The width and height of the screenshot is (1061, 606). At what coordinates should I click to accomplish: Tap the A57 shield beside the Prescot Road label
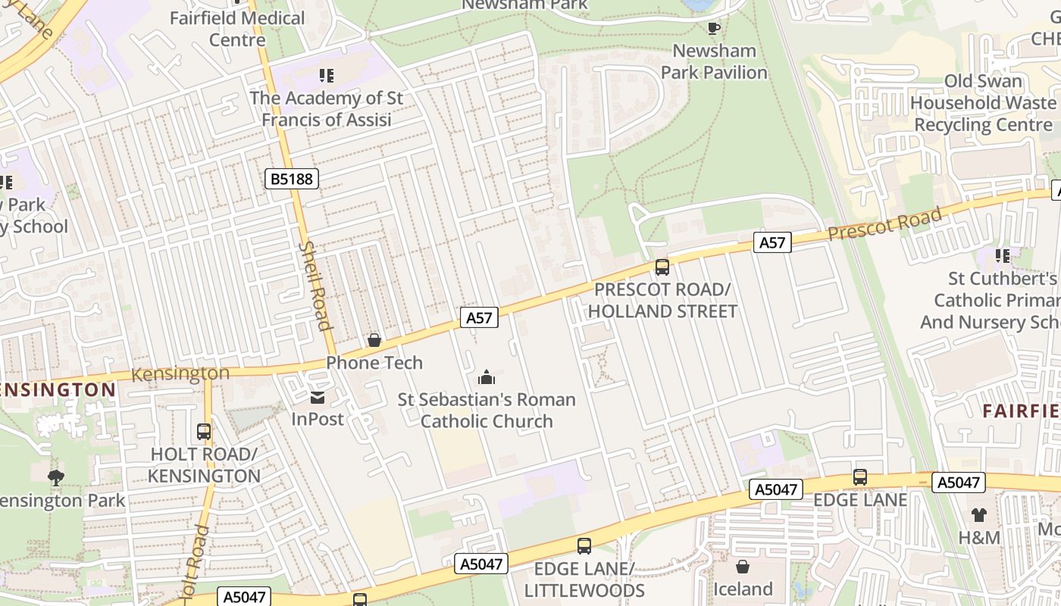772,242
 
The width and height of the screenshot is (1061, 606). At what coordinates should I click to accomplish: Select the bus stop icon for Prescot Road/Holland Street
662,267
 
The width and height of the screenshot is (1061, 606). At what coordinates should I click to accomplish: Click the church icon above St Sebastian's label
486,376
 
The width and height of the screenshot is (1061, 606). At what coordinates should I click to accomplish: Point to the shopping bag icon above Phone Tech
374,340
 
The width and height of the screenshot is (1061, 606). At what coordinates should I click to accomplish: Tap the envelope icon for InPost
317,397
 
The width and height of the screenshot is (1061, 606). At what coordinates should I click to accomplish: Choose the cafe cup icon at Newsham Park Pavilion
713,28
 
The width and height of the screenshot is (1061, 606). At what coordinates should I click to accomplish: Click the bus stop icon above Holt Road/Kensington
203,432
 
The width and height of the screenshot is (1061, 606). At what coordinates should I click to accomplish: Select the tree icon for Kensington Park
55,477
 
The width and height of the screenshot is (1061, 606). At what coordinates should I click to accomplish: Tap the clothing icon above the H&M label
978,515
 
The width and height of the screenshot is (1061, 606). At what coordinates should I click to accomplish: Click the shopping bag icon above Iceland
742,566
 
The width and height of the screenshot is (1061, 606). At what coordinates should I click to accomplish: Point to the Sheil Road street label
315,286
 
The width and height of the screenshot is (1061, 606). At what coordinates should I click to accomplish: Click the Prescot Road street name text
884,223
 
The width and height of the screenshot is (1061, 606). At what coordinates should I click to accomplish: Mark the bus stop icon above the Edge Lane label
859,477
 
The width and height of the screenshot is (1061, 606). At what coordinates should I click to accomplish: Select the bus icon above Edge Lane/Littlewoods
584,545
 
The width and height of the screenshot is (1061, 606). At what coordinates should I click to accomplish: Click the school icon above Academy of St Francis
326,75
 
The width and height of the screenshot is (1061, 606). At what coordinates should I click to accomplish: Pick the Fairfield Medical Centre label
237,28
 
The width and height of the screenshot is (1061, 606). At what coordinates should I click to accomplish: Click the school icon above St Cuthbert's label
1003,256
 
